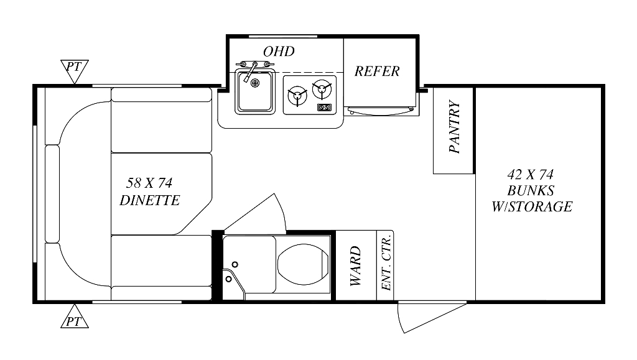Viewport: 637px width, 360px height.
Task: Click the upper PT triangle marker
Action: tap(74, 69)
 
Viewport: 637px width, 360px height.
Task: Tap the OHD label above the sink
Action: tap(279, 52)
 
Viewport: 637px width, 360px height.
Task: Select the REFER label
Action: tap(377, 72)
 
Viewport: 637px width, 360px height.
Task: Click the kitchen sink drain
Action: tap(255, 83)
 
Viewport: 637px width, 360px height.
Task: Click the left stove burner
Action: tap(297, 95)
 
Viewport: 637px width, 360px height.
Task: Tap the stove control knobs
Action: tap(324, 107)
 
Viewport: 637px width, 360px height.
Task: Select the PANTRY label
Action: tap(454, 127)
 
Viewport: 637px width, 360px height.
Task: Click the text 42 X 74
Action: tap(531, 175)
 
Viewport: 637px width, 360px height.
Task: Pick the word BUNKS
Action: tap(531, 190)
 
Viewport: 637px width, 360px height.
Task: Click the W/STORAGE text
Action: tap(531, 207)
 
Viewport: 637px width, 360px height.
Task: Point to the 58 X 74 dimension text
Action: tap(149, 183)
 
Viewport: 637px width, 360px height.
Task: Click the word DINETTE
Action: tap(149, 200)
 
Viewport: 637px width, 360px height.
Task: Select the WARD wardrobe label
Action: tap(355, 265)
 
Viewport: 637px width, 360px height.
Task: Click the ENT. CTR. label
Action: tap(386, 262)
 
